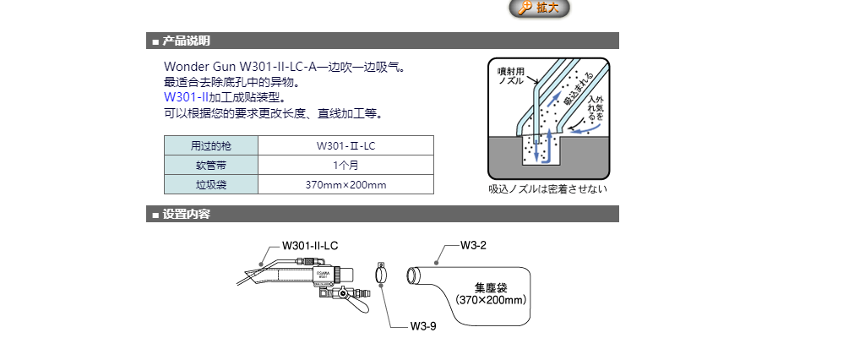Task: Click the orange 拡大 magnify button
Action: pyautogui.click(x=540, y=8)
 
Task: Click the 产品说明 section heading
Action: pyautogui.click(x=186, y=41)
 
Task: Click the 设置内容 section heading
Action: pyautogui.click(x=186, y=215)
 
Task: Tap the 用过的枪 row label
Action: pyautogui.click(x=210, y=145)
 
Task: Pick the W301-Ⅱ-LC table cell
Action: pyautogui.click(x=345, y=145)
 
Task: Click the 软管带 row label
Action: pyautogui.click(x=210, y=165)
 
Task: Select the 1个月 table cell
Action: pyautogui.click(x=345, y=165)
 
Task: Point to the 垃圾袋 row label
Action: pyautogui.click(x=210, y=184)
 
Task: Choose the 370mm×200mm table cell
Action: pyautogui.click(x=345, y=184)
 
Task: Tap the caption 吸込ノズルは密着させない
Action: pyautogui.click(x=547, y=188)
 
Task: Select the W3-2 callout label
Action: pyautogui.click(x=473, y=245)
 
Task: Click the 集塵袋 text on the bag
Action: pyautogui.click(x=491, y=286)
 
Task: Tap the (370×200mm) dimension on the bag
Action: pyautogui.click(x=491, y=299)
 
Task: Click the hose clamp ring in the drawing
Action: pyautogui.click(x=382, y=275)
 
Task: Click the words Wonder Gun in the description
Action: pyautogui.click(x=199, y=67)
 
